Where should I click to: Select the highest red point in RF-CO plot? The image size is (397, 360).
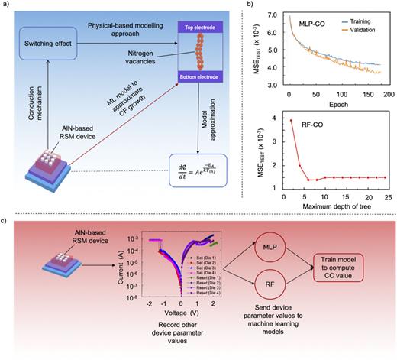point(291,120)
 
